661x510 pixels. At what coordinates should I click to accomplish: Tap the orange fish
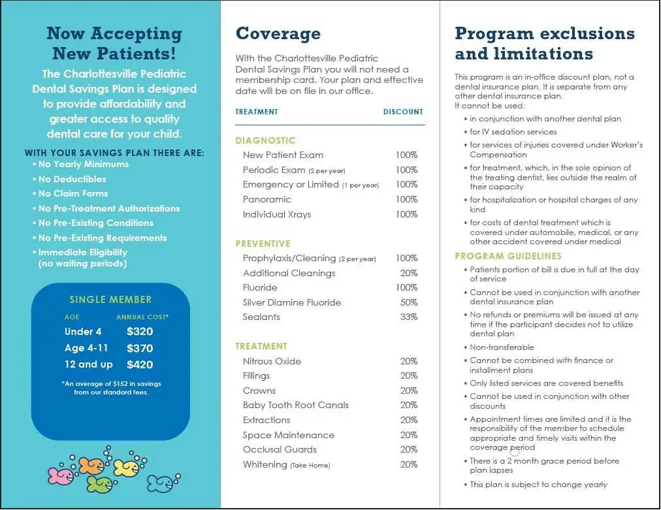91,465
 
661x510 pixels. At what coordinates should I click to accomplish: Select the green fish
99,484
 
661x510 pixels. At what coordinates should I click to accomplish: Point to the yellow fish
126,467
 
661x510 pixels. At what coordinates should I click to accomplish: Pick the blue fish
161,483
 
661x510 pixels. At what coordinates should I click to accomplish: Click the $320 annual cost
140,332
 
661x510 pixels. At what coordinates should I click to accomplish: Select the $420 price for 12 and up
140,364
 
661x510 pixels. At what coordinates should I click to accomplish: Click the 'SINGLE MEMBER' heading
110,300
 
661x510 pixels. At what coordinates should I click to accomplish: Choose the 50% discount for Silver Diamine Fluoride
408,302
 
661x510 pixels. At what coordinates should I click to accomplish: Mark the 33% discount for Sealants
408,317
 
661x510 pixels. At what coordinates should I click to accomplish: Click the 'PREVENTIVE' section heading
263,244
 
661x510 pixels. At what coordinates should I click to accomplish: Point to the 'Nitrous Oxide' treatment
272,361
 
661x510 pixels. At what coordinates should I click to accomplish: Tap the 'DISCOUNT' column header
403,112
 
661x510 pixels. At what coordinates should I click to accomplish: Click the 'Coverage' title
278,34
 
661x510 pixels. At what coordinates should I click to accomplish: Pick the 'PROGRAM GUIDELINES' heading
508,256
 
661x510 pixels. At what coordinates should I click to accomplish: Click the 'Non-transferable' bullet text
502,347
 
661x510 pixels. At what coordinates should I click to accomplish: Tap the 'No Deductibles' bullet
72,179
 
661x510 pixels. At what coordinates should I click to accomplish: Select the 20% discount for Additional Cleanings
408,273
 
